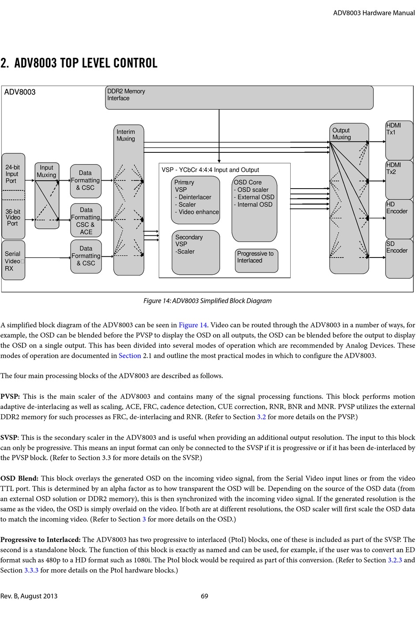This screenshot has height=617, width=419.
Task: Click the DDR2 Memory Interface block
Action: pyautogui.click(x=239, y=98)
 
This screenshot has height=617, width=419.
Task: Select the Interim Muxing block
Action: pyautogui.click(x=129, y=200)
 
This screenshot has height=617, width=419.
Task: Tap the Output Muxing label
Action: pyautogui.click(x=341, y=134)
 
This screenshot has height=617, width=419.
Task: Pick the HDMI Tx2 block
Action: pyautogui.click(x=399, y=179)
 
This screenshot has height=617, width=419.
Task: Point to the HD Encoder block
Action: pyautogui.click(x=399, y=219)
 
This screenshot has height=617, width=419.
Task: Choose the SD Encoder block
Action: pyautogui.click(x=399, y=258)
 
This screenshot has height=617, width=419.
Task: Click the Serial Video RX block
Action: pyautogui.click(x=13, y=261)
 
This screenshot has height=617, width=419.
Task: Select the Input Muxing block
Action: pyautogui.click(x=47, y=195)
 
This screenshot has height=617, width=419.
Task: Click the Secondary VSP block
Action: pyautogui.click(x=195, y=252)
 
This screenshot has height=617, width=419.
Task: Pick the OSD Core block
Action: pyautogui.click(x=254, y=208)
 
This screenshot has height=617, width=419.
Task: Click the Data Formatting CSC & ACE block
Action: pyautogui.click(x=86, y=220)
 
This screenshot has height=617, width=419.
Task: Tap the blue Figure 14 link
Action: pyautogui.click(x=193, y=325)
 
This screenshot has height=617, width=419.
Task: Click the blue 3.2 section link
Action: pyautogui.click(x=261, y=417)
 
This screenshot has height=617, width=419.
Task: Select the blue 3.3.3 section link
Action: pyautogui.click(x=31, y=570)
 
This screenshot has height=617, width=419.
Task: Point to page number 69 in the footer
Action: pyautogui.click(x=205, y=596)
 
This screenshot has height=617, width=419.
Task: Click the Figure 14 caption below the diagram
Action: pyautogui.click(x=207, y=301)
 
